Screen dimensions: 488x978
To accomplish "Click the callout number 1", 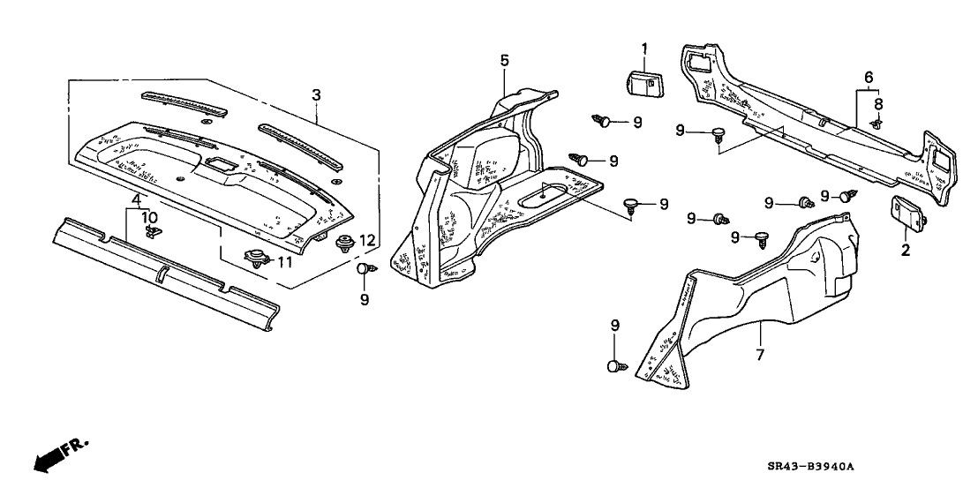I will tap(643, 48).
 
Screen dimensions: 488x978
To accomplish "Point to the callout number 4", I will tap(136, 200).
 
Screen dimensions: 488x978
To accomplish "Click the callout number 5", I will tap(504, 60).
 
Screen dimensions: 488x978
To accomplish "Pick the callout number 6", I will tap(870, 79).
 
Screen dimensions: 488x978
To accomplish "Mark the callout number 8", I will tap(878, 103).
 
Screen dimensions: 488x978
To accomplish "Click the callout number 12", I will tap(368, 240).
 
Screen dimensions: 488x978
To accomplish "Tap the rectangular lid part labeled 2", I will tap(907, 212).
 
